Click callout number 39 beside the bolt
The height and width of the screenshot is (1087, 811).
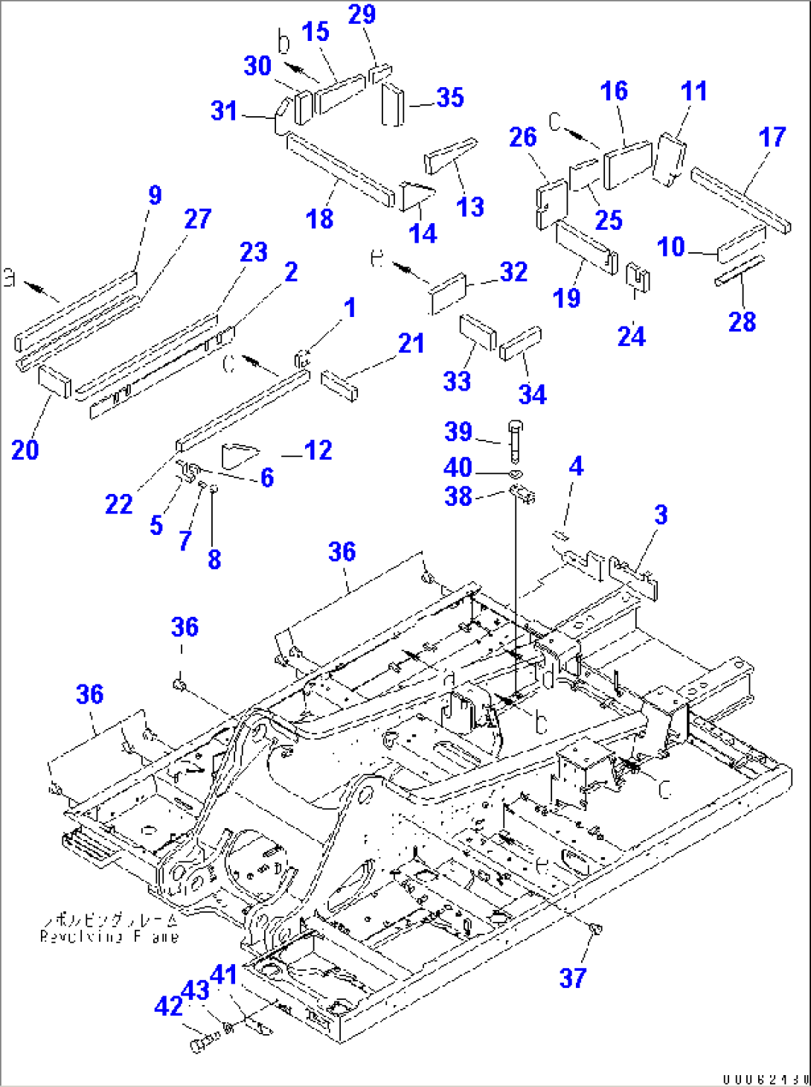pos(458,432)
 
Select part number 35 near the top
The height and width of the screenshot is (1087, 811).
pos(450,97)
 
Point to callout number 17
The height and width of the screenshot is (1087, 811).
pos(772,137)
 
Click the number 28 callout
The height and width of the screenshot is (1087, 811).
pos(742,321)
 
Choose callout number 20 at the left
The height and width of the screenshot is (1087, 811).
pos(25,449)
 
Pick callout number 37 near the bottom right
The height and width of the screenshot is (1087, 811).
pos(573,978)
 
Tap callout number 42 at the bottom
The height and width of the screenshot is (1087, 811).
pos(168,1006)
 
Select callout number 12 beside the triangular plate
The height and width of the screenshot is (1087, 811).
pos(318,450)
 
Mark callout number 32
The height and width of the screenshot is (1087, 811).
pos(514,272)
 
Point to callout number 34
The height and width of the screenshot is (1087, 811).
pos(533,394)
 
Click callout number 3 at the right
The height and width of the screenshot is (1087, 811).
pos(661,514)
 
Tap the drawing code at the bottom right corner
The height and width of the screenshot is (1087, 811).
pos(765,1078)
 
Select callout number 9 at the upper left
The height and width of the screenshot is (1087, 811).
pos(155,195)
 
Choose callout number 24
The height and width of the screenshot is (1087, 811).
pos(631,336)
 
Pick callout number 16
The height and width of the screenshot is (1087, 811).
pos(614,91)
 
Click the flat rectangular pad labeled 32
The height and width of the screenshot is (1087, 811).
pos(448,293)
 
